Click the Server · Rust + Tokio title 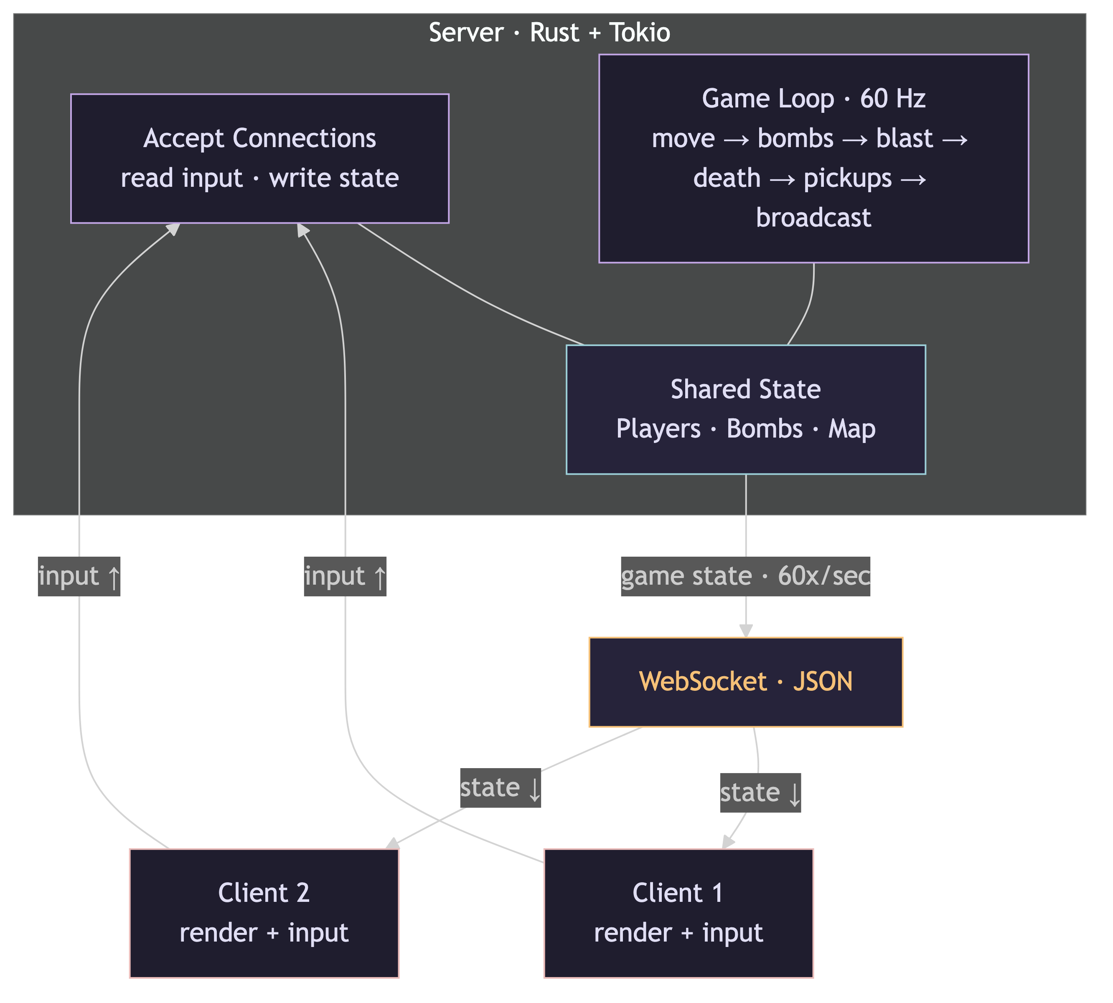click(549, 33)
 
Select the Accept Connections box click(259, 158)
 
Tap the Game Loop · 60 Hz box click(813, 158)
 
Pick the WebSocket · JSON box click(745, 682)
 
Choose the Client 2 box click(264, 913)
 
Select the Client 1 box click(678, 913)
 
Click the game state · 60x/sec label click(745, 576)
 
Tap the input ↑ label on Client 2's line click(79, 576)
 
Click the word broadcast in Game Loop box click(813, 218)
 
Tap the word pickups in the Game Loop click(847, 178)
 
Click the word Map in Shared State click(851, 429)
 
